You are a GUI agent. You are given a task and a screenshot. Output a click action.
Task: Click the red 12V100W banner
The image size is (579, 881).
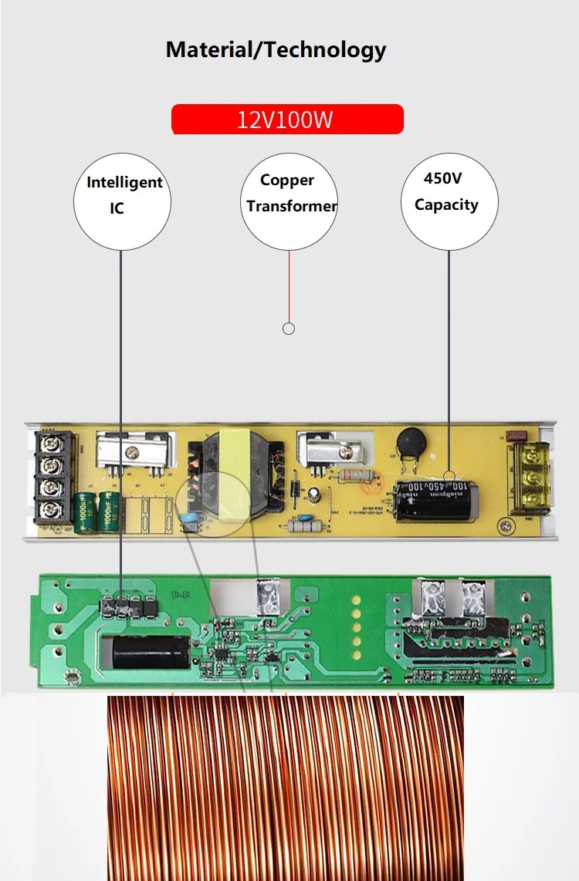(x=287, y=120)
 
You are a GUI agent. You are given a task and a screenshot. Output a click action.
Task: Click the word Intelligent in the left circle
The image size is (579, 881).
(x=124, y=183)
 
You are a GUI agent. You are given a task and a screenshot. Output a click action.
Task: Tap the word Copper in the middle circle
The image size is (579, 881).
(x=287, y=181)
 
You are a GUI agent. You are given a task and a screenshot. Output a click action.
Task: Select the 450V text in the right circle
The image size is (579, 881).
(x=443, y=178)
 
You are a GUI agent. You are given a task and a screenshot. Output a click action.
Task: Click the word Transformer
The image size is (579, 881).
(x=292, y=206)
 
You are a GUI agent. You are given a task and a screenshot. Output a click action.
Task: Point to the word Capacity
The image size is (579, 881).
(x=446, y=204)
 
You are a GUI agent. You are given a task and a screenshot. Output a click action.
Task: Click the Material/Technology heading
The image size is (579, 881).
(x=276, y=50)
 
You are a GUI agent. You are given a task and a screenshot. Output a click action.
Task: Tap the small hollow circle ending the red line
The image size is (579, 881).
(x=289, y=329)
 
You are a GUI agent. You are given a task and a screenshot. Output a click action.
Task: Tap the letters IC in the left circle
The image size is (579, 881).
(x=117, y=209)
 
